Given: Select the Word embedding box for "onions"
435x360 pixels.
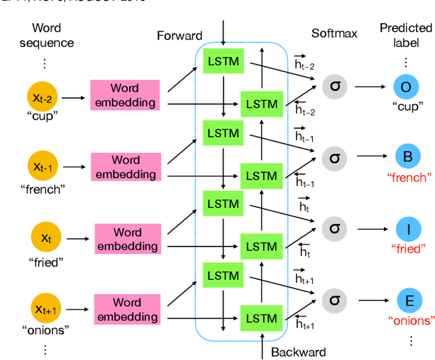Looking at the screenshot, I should (126, 309).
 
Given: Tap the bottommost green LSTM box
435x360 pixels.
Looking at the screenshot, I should (261, 317).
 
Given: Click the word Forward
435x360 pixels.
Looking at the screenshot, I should (179, 35).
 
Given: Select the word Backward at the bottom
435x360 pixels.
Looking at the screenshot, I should (298, 352).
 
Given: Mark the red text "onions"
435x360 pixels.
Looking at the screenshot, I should (410, 321).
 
